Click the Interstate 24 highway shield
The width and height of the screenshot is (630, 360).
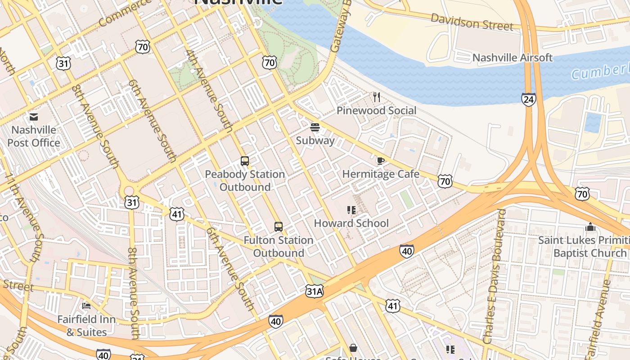[529, 99]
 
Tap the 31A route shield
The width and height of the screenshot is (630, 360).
[314, 292]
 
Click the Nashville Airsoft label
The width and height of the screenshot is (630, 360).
[512, 58]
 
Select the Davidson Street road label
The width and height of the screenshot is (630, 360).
[472, 22]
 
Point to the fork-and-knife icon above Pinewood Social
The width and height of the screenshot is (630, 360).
[377, 97]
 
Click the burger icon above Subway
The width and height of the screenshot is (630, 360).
[315, 127]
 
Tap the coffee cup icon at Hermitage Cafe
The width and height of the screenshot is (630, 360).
[381, 161]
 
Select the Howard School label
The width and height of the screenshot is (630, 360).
[351, 223]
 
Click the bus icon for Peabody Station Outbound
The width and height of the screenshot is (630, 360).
[245, 161]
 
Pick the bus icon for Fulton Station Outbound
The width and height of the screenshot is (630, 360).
[279, 227]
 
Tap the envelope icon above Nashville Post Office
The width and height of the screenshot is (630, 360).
[34, 117]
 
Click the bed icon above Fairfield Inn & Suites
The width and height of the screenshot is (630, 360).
[86, 306]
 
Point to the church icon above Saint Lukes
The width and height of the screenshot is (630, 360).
[590, 227]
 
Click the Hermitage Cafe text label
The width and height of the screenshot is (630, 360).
[381, 174]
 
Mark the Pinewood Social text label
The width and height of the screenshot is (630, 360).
[376, 110]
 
